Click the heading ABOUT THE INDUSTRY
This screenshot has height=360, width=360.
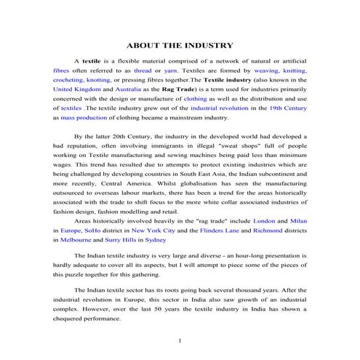click(x=180, y=45)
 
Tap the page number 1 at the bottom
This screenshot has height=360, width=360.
click(x=179, y=340)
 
